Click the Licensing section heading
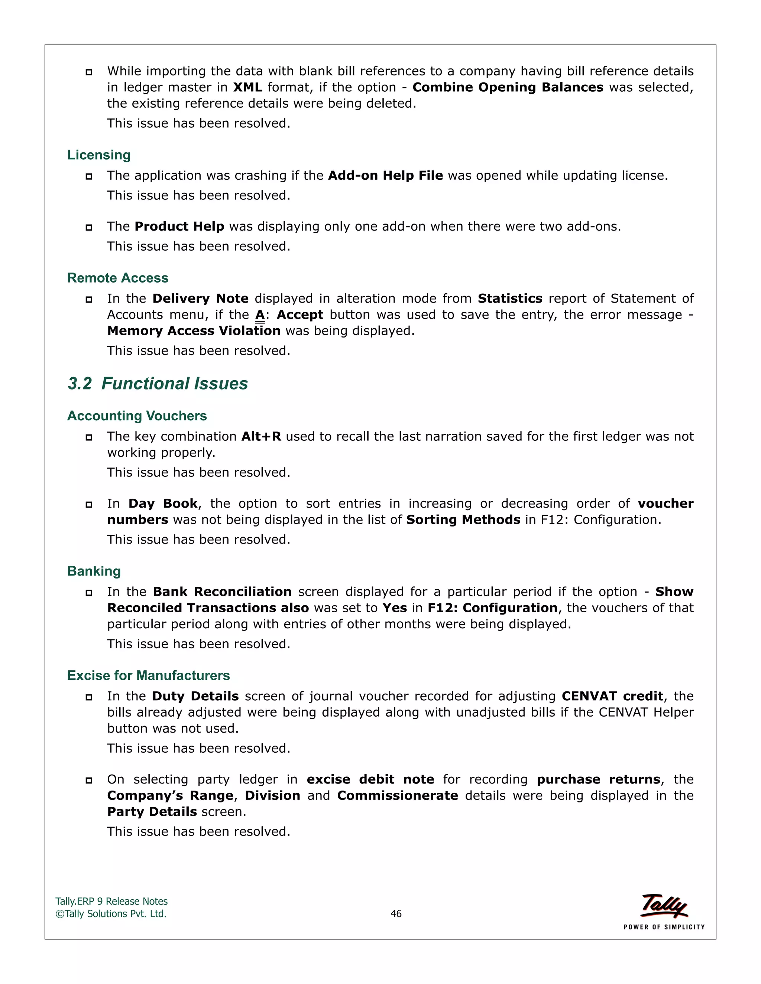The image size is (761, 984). tap(99, 155)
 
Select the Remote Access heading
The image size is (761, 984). tap(118, 278)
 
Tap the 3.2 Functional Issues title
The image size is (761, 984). tap(158, 384)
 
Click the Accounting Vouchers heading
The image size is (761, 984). tap(137, 416)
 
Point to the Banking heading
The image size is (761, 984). tap(94, 571)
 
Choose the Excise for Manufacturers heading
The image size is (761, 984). tap(148, 675)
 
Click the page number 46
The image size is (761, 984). tap(396, 914)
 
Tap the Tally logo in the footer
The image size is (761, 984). tap(664, 906)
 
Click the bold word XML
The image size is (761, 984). tap(247, 87)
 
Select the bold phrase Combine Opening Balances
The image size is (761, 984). tap(508, 87)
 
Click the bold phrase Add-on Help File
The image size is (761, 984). tap(385, 176)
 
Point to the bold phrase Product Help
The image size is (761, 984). tap(179, 227)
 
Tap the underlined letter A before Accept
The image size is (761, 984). tap(260, 315)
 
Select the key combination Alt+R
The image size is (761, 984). tap(261, 437)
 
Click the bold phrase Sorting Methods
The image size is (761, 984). tap(463, 520)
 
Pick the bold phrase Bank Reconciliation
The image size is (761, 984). tap(222, 592)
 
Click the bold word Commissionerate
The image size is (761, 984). tap(397, 796)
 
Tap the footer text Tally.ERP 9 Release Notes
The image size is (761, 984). tap(111, 902)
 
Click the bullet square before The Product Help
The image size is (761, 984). tap(89, 228)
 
